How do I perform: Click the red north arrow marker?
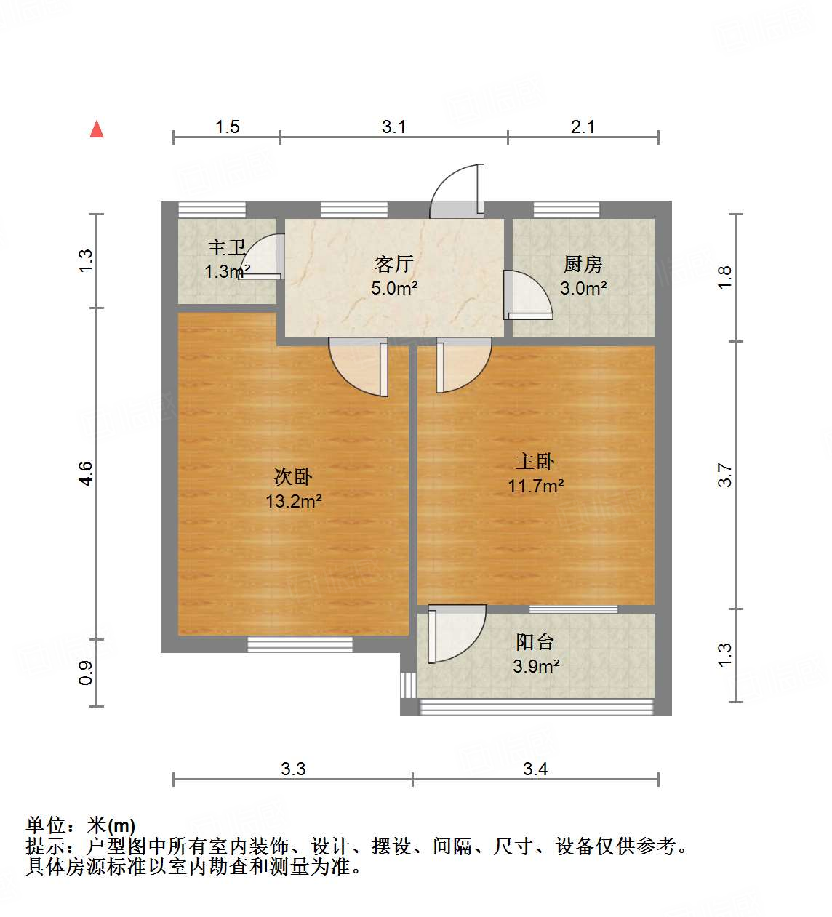pyautogui.click(x=97, y=129)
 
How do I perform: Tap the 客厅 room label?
pyautogui.click(x=393, y=263)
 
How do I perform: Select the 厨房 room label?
pyautogui.click(x=583, y=264)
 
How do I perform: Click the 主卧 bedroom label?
pyautogui.click(x=535, y=462)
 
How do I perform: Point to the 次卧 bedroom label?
pyautogui.click(x=293, y=477)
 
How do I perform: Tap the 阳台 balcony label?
pyautogui.click(x=535, y=642)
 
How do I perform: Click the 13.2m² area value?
pyautogui.click(x=293, y=501)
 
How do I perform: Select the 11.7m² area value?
pyautogui.click(x=535, y=486)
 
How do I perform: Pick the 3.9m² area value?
pyautogui.click(x=536, y=666)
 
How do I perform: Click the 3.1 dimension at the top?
pyautogui.click(x=393, y=127)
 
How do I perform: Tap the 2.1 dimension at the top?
pyautogui.click(x=583, y=127)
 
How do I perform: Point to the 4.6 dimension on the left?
pyautogui.click(x=86, y=473)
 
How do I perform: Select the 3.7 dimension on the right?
pyautogui.click(x=725, y=475)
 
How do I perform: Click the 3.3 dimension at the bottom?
pyautogui.click(x=293, y=769)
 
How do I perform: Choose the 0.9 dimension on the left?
pyautogui.click(x=86, y=673)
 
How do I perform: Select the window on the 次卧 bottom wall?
pyautogui.click(x=300, y=644)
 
